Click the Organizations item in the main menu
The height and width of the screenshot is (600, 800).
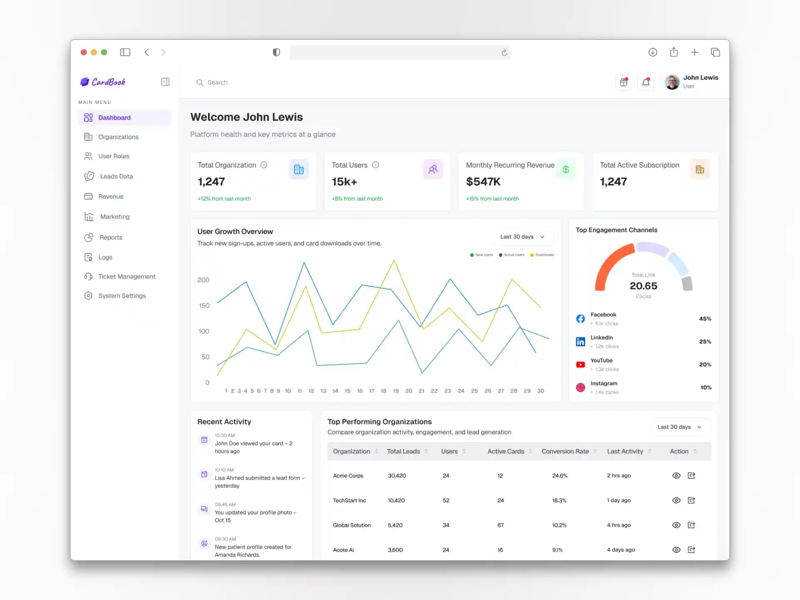[x=118, y=137]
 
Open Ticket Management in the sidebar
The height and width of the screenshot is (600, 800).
[x=126, y=277]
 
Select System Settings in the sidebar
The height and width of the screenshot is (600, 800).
[x=122, y=296]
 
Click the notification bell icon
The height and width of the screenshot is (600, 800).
[x=646, y=82]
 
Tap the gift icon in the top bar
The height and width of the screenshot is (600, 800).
[x=624, y=82]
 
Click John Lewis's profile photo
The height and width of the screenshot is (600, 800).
[x=672, y=82]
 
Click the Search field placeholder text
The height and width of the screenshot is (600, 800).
[x=217, y=82]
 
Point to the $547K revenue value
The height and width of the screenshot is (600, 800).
[x=483, y=182]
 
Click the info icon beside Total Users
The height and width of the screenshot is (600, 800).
[x=375, y=165]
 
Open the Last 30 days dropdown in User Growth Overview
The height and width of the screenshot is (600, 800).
[x=522, y=237]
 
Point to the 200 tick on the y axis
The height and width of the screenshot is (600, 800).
[x=203, y=280]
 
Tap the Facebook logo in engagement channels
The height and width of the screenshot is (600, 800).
[x=580, y=319]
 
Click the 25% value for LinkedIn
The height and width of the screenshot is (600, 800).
[x=705, y=342]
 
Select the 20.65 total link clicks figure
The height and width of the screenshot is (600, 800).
[x=643, y=286]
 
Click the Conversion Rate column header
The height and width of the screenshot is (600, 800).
[x=565, y=451]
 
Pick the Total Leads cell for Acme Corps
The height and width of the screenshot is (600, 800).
[x=397, y=476]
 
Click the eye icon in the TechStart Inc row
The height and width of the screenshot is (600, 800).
[x=676, y=500]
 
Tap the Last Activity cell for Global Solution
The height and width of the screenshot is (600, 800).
[x=619, y=525]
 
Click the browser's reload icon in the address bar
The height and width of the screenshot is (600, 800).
[x=504, y=52]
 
